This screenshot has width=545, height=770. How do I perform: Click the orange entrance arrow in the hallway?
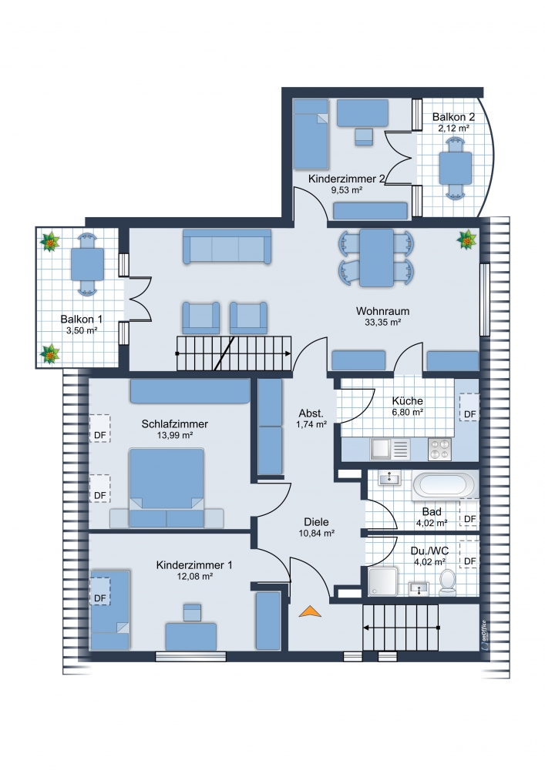pyautogui.click(x=310, y=611)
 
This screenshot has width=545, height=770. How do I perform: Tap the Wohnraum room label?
pyautogui.click(x=382, y=311)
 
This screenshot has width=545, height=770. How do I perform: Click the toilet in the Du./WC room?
pyautogui.click(x=447, y=583)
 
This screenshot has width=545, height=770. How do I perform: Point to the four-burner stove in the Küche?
pyautogui.click(x=440, y=449)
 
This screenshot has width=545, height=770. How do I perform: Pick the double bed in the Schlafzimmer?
pyautogui.click(x=167, y=487)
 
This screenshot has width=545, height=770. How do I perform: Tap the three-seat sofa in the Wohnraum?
pyautogui.click(x=227, y=246)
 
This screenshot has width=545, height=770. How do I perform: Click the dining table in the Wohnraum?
pyautogui.click(x=376, y=258)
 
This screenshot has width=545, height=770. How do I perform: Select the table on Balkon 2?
pyautogui.click(x=456, y=168)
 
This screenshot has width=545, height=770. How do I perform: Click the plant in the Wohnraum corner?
pyautogui.click(x=466, y=240)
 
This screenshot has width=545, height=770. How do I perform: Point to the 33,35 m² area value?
pyautogui.click(x=383, y=323)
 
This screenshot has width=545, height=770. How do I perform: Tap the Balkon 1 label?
pyautogui.click(x=82, y=320)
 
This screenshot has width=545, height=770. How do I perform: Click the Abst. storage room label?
pyautogui.click(x=311, y=413)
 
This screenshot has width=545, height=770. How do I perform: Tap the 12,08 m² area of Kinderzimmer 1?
pyautogui.click(x=194, y=577)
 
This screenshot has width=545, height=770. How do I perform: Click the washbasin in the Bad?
pyautogui.click(x=389, y=478)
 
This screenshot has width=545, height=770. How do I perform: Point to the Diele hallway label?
pyautogui.click(x=317, y=522)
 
